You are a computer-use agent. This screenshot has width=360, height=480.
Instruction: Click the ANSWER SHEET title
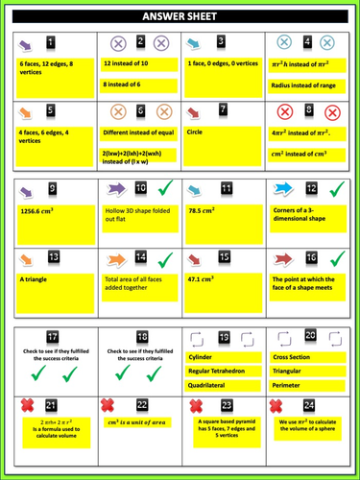click(x=180, y=17)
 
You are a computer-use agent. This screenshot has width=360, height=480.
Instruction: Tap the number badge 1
click(x=50, y=43)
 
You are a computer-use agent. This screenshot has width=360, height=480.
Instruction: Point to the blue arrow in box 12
click(x=285, y=188)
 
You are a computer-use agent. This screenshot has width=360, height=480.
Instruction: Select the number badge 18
click(x=140, y=336)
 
